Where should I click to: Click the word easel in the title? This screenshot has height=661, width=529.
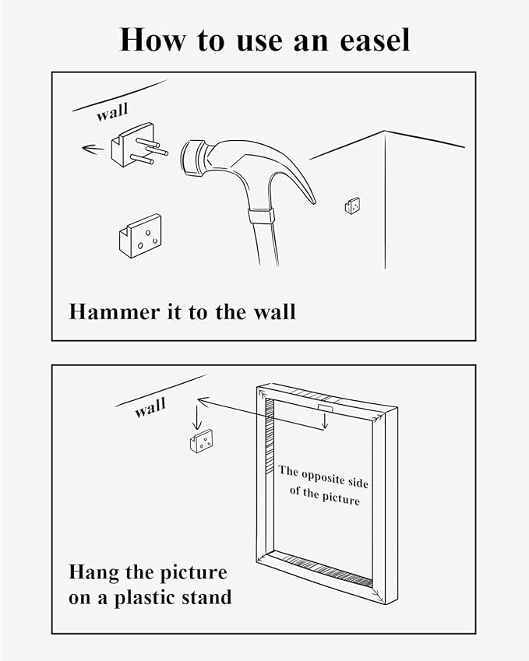(375, 40)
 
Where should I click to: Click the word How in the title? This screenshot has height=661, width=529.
(152, 40)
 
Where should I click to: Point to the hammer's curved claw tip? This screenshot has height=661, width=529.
(313, 201)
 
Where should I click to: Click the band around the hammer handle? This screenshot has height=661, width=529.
(261, 216)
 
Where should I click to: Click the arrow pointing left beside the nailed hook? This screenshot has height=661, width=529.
(93, 149)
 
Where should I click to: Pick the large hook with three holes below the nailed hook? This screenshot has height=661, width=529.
(140, 236)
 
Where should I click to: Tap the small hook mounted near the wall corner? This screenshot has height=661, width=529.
(352, 206)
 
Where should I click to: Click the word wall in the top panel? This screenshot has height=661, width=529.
(111, 112)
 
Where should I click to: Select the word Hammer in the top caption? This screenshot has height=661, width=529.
(115, 312)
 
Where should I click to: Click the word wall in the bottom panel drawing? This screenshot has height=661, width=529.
(150, 408)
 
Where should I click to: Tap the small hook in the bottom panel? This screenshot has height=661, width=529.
(201, 441)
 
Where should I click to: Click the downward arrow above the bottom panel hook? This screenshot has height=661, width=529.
(196, 417)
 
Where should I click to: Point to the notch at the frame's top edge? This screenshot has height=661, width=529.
(325, 408)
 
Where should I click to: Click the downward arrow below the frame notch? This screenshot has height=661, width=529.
(324, 420)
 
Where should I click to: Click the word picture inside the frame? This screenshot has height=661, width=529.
(341, 499)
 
